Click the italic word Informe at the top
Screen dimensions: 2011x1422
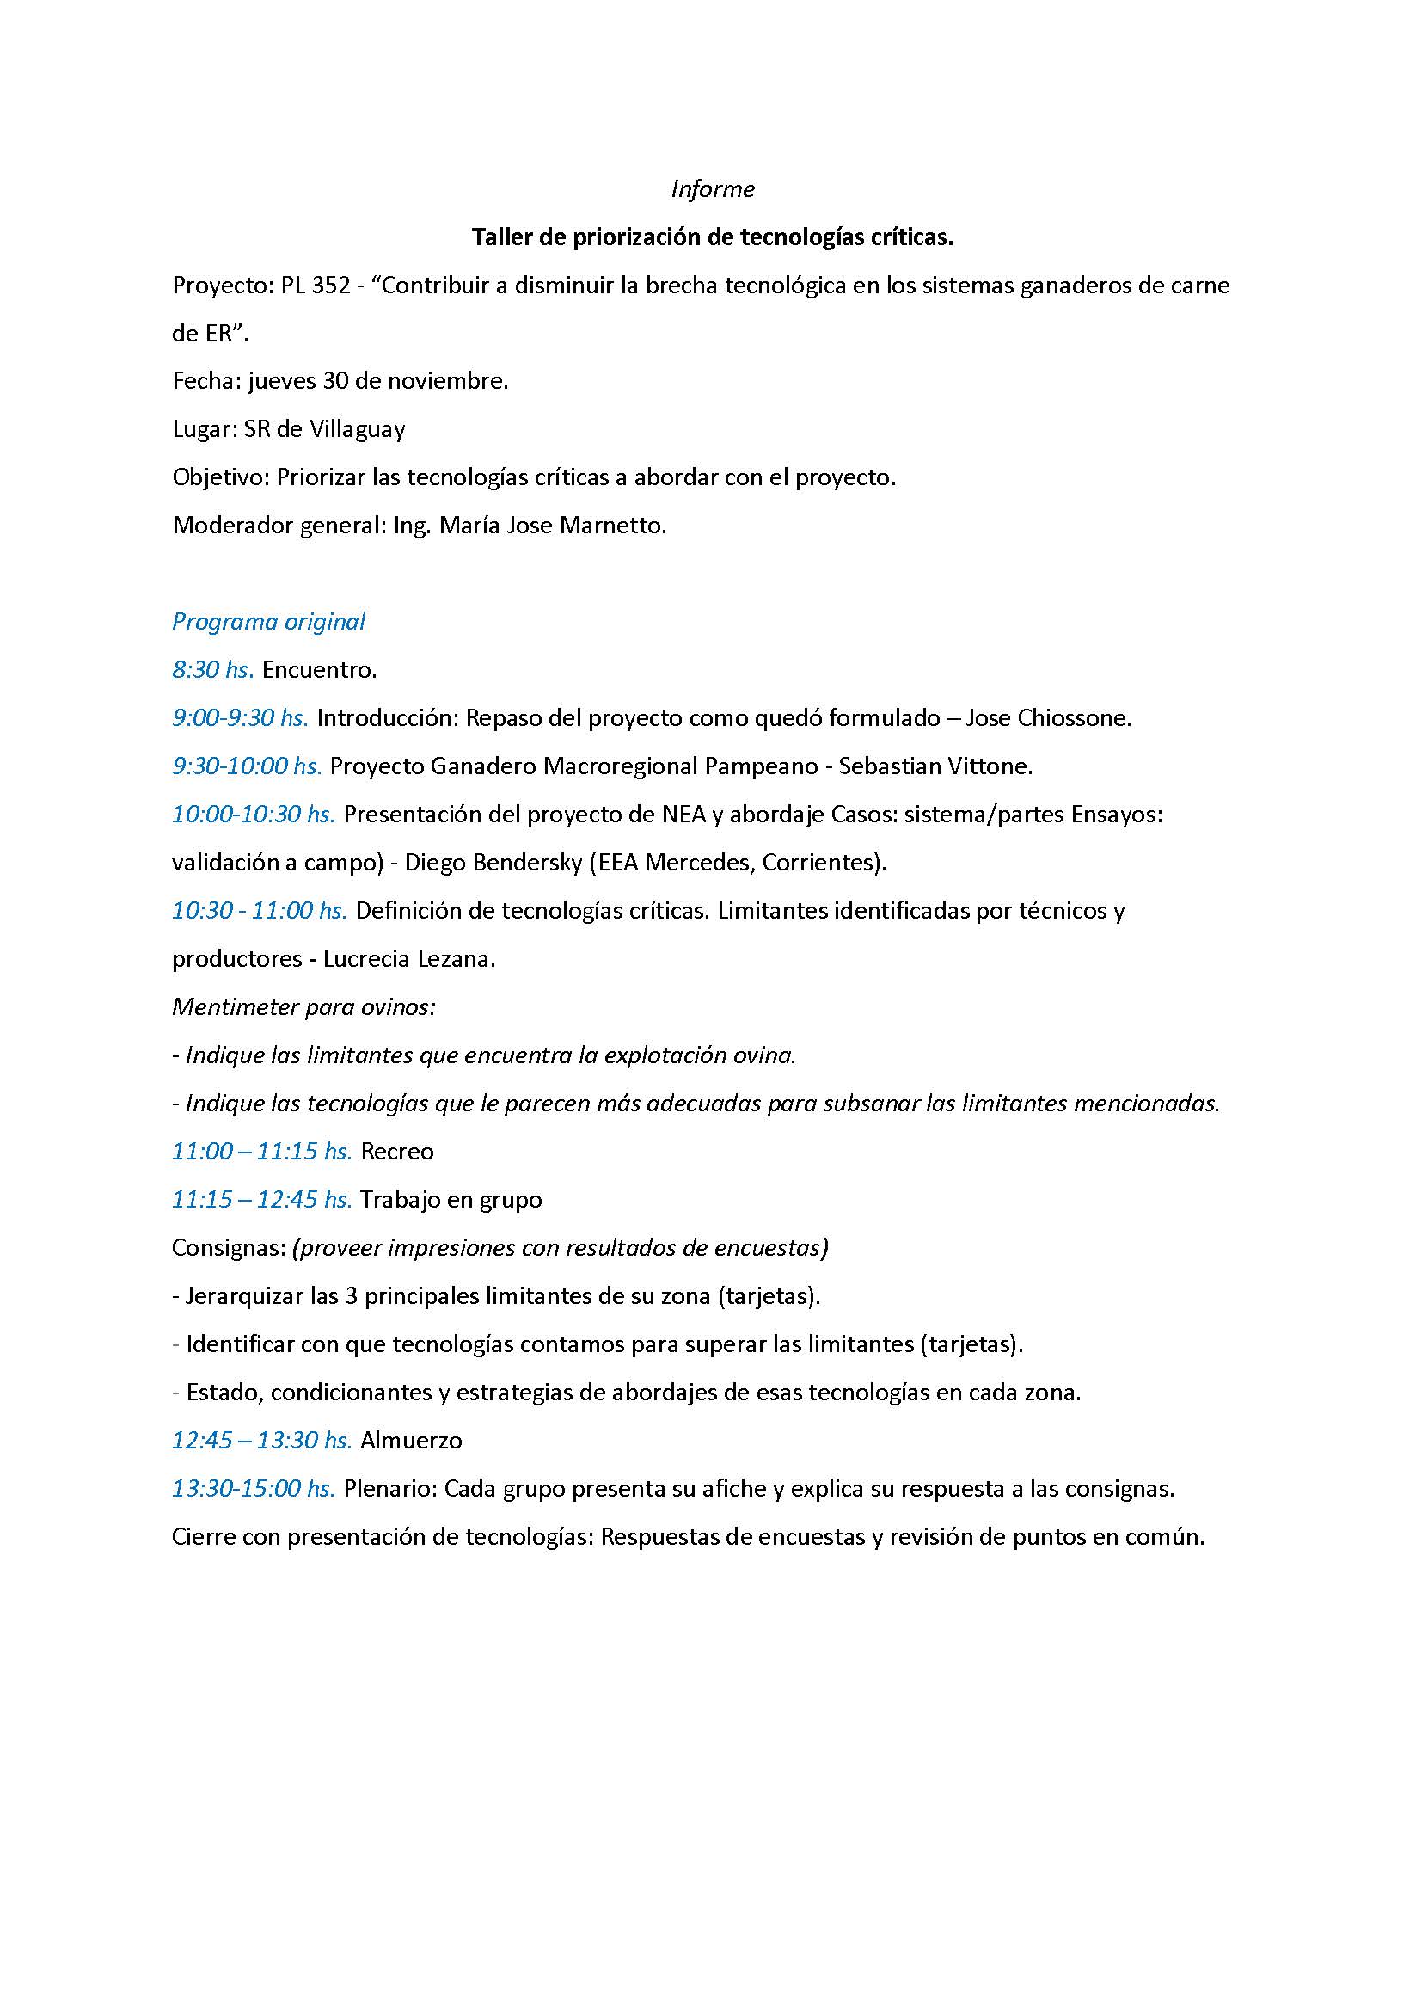point(712,189)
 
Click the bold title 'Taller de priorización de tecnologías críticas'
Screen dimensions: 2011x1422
point(712,237)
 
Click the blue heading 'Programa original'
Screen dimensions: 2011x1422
point(268,622)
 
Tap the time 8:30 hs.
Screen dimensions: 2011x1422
point(212,670)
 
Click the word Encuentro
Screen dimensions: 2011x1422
point(320,670)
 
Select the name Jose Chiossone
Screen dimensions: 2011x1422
point(1048,718)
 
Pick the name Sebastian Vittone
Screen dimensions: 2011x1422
point(935,766)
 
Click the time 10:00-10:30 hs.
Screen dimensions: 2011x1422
point(253,815)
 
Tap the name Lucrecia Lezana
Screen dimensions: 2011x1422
point(409,959)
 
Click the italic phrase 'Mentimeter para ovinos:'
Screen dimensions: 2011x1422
point(303,1007)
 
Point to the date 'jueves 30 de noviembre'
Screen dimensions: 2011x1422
point(377,382)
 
